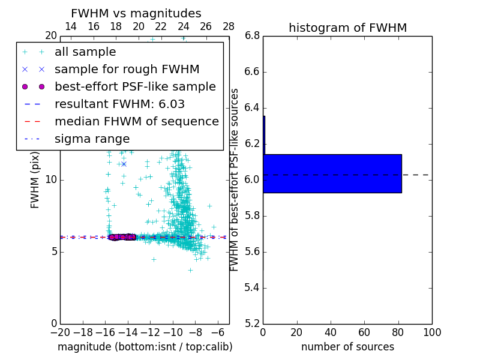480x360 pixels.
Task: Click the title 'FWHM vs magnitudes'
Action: click(x=136, y=13)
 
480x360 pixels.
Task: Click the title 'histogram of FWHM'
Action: click(x=347, y=28)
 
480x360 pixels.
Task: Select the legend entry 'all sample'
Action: click(x=85, y=52)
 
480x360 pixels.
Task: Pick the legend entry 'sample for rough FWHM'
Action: click(x=127, y=70)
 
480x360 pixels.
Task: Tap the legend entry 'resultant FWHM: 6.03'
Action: click(x=119, y=104)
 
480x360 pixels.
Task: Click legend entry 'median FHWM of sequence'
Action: click(x=136, y=122)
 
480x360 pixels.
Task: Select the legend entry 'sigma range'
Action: click(x=92, y=139)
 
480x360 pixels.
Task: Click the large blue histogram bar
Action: click(x=332, y=173)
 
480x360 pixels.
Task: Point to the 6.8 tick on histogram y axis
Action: click(x=253, y=35)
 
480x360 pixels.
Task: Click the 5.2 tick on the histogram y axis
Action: click(x=253, y=323)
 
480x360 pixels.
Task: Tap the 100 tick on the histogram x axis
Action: click(x=432, y=332)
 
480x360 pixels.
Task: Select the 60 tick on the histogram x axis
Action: click(x=364, y=332)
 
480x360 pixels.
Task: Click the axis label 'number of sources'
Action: click(x=347, y=347)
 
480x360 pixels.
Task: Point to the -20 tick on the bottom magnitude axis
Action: click(x=60, y=332)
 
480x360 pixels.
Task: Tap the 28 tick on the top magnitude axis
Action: click(x=229, y=26)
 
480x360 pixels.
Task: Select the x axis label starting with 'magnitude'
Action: click(x=145, y=347)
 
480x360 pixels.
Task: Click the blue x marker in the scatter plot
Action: click(x=124, y=164)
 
